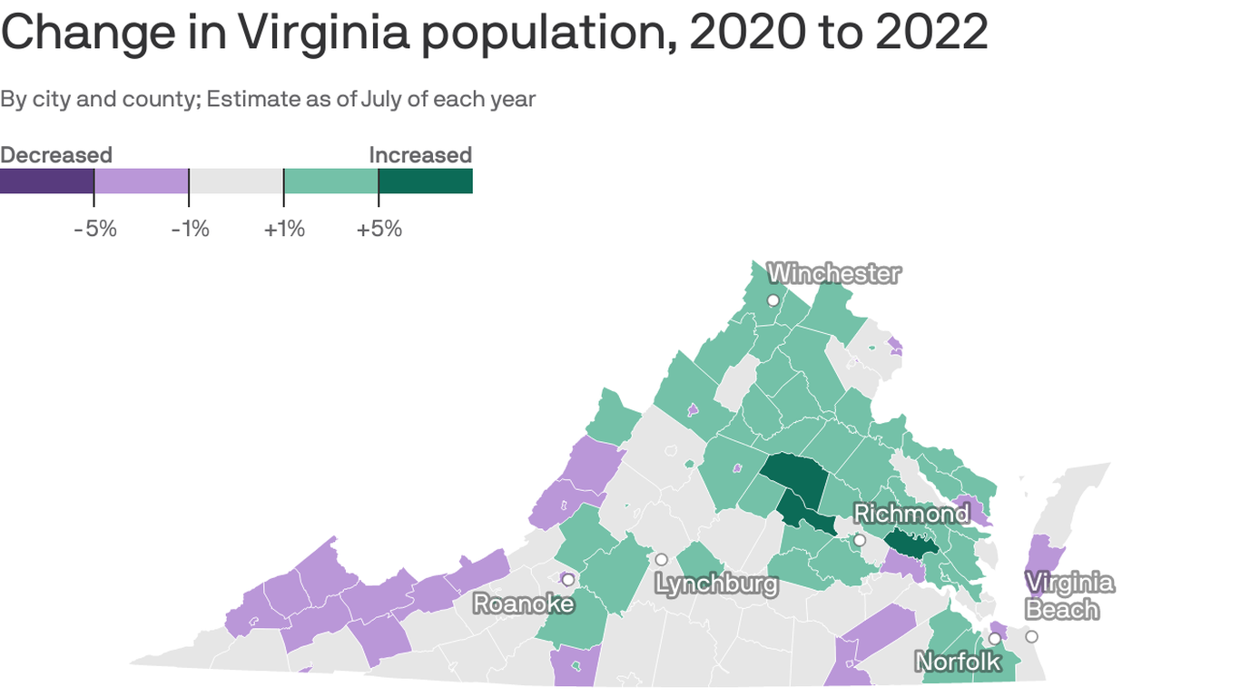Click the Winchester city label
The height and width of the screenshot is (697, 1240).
pos(834,273)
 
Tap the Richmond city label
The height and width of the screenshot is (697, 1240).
pos(911,514)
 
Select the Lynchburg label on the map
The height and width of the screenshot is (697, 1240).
pos(716,584)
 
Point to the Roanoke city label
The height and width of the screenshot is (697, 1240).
pos(524,604)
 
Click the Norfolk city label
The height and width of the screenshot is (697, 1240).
pos(958,662)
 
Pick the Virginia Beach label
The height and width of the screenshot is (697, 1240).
pos(1068,595)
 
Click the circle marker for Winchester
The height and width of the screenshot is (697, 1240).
pos(773,300)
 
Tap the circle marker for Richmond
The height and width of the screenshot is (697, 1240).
pos(860,540)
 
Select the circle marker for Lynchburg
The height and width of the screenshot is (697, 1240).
pos(662,559)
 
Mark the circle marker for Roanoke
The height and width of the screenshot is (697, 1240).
pos(568,579)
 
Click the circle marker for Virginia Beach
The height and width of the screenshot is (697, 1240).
pos(1031,636)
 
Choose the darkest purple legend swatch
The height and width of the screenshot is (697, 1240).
pos(47,181)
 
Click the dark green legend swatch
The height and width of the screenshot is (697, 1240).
pos(425,181)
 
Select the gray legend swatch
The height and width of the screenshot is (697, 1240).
pos(236,181)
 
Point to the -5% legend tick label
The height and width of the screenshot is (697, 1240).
pos(95,229)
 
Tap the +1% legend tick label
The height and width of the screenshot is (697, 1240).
pos(284,229)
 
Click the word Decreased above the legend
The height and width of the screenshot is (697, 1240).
pos(56,155)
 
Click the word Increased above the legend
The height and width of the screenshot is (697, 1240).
pos(420,155)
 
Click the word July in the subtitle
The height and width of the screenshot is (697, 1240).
pos(381,98)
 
